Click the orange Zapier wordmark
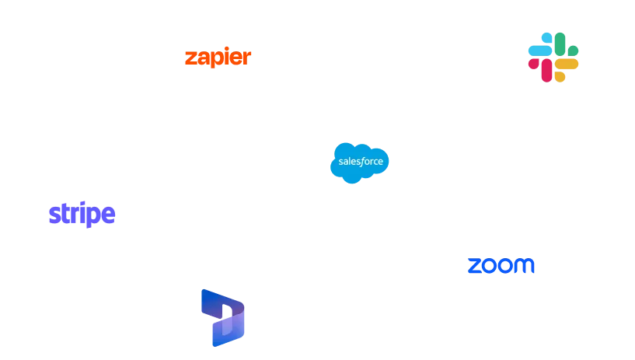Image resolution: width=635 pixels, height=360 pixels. pos(218,58)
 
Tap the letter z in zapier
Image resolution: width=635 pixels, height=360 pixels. pos(189,59)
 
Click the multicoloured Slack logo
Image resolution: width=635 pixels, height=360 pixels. pos(553,58)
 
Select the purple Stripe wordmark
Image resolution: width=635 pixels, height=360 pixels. pos(82,214)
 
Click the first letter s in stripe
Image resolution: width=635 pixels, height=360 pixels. pos(53,215)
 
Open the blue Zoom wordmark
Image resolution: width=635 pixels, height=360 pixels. pos(501,264)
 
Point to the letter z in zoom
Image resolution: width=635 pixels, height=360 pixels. pos(473,265)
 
